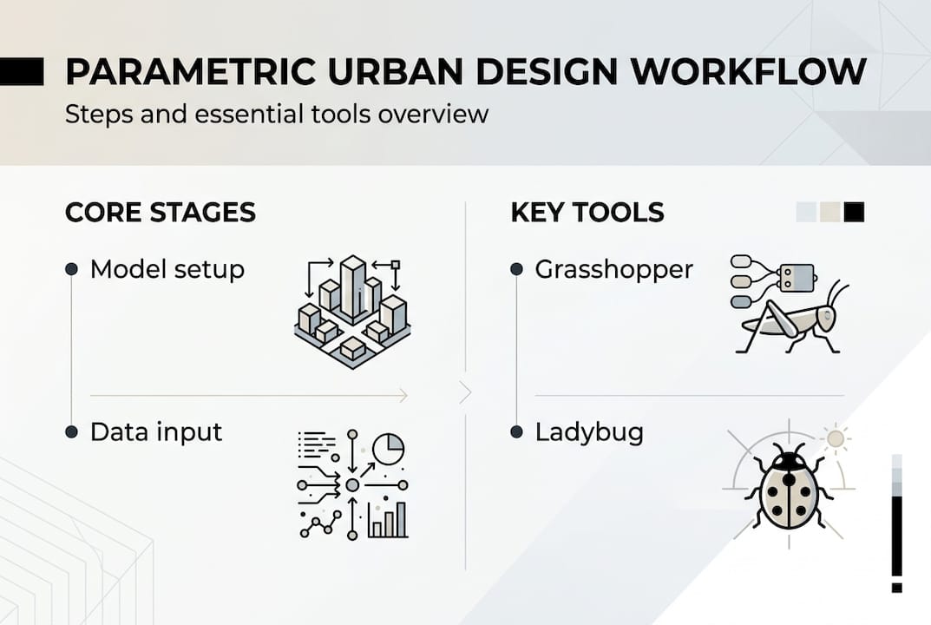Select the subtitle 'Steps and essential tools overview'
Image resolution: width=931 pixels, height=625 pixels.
coord(276,114)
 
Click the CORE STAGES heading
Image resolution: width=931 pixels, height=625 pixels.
coord(161,212)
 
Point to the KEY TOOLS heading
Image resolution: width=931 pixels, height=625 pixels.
coord(587,212)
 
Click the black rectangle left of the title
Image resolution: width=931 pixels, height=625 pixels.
coord(22,71)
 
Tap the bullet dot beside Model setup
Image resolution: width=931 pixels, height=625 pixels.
coord(72,270)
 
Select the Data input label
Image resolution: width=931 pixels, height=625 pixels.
coord(156,431)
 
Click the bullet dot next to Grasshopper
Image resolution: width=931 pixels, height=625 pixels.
coord(516,270)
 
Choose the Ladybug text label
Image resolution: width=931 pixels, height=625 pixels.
coord(589,431)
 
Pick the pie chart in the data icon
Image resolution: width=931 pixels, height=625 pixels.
coord(388,449)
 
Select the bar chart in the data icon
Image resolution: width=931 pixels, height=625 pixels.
coord(387,519)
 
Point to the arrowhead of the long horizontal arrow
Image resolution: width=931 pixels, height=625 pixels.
coord(403,396)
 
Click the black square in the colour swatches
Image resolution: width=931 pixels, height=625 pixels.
coord(855,212)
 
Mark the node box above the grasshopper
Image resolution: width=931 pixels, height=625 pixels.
coord(797,277)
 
